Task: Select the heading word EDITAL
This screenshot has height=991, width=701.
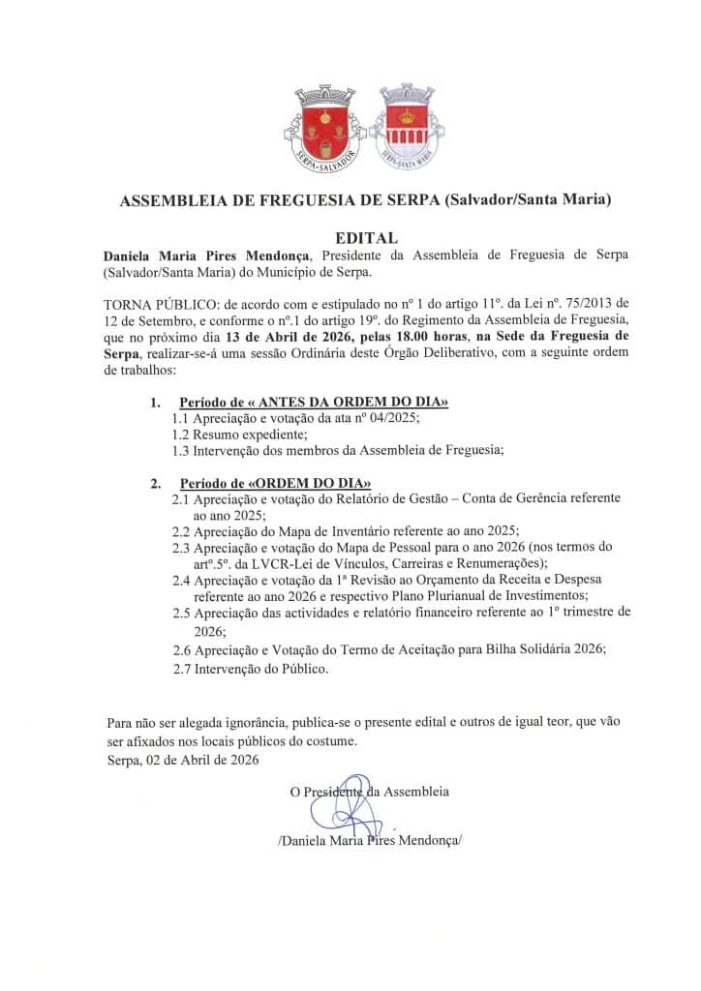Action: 366,237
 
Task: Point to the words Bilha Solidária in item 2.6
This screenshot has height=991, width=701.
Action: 518,649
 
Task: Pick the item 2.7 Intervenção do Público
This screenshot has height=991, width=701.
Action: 252,668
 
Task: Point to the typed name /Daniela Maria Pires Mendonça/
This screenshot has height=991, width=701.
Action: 370,841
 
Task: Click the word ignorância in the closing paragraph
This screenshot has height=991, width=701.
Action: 244,723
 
